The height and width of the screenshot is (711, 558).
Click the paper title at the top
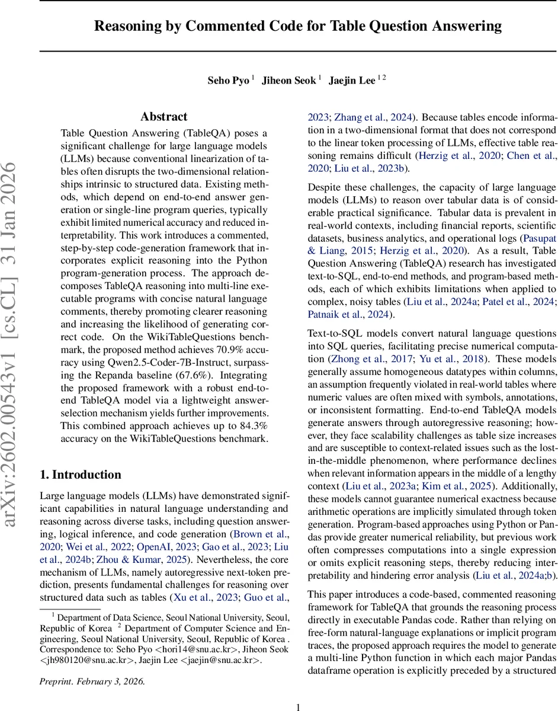click(299, 26)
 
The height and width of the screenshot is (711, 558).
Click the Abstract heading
click(163, 117)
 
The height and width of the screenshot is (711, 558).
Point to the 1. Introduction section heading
click(80, 458)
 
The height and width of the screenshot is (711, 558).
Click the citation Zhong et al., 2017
click(362, 358)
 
